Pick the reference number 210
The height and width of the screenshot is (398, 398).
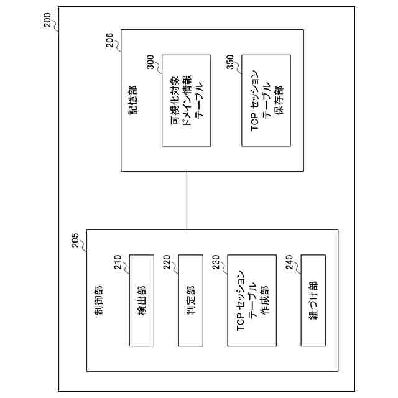pos(121,264)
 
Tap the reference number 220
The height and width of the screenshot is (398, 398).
pos(170,264)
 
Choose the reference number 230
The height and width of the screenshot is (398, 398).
pos(220,264)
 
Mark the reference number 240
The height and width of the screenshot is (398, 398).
pos(292,264)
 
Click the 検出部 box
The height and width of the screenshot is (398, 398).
pos(141,300)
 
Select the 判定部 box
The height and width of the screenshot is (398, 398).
pos(190,300)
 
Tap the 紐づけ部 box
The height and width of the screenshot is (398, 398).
pos(312,300)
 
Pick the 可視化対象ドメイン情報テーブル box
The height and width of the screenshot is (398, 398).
pos(186,101)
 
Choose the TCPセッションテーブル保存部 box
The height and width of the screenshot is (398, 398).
pos(266,101)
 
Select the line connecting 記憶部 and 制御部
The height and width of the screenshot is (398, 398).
pos(186,200)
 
